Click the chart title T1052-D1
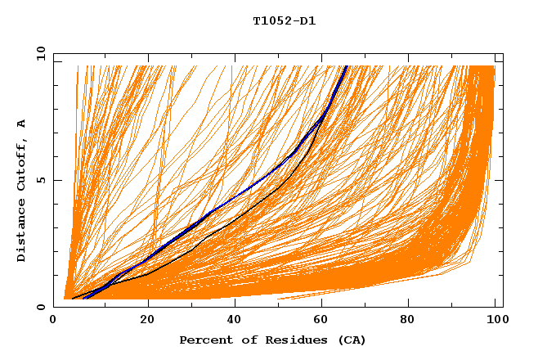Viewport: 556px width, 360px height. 284,21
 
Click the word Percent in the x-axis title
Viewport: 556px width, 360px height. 204,340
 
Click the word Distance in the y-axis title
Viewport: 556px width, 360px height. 22,232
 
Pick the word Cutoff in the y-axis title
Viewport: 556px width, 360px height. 22,162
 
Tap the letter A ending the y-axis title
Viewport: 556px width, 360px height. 22,123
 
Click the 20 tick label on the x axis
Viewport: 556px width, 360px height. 147,319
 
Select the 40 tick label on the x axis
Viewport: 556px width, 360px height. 235,319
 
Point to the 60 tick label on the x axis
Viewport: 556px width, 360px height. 321,319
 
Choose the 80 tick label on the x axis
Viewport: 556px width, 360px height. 408,319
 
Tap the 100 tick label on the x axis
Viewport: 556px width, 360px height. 495,319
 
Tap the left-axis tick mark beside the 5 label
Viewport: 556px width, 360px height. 56,180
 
